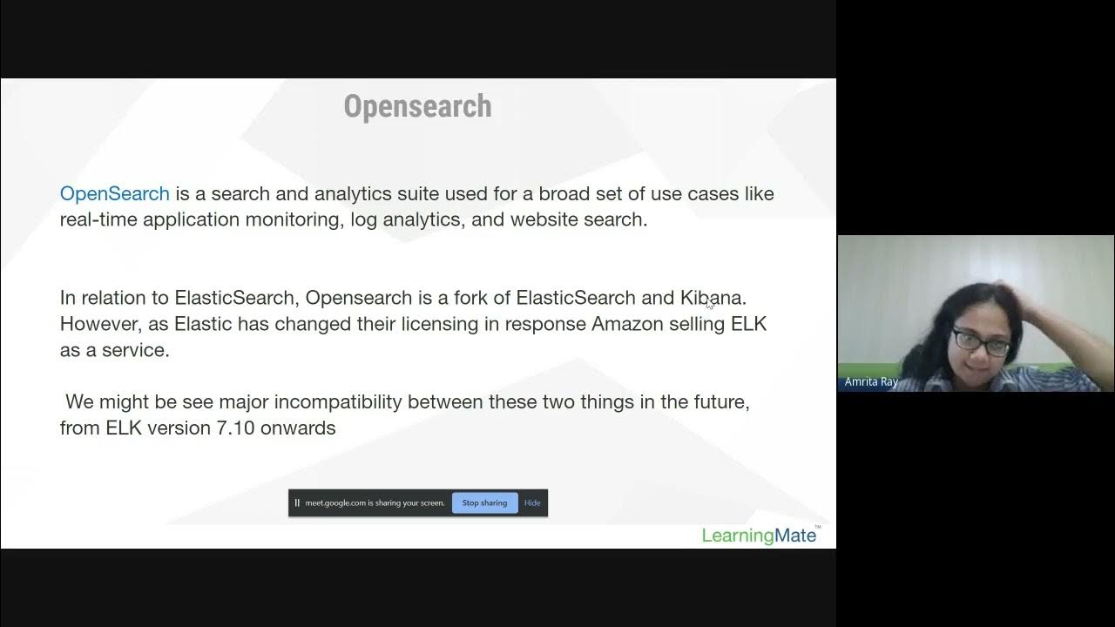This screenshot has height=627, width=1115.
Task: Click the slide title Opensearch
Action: (417, 106)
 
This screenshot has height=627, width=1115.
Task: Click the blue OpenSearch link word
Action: (114, 193)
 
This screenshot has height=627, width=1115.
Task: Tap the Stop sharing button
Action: (484, 502)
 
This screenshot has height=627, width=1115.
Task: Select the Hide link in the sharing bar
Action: (532, 502)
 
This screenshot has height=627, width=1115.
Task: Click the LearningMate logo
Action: (759, 535)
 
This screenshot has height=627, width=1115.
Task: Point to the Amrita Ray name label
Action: (871, 382)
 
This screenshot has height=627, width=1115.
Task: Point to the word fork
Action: (470, 298)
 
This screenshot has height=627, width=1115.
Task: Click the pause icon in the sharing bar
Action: (297, 502)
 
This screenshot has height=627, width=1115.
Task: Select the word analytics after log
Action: (420, 219)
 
